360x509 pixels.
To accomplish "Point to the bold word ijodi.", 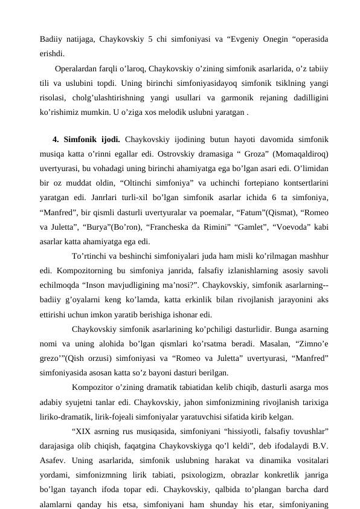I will [109, 138].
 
